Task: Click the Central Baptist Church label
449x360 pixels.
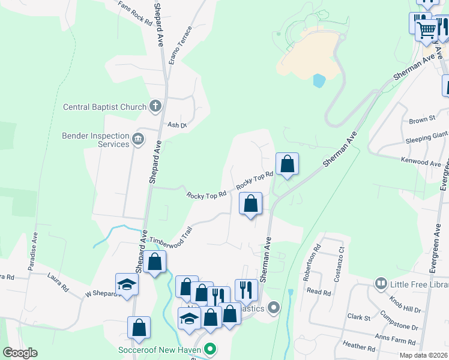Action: click(105, 107)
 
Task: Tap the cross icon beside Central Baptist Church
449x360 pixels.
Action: click(155, 107)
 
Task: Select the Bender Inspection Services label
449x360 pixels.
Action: click(96, 140)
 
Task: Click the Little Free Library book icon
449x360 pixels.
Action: click(381, 283)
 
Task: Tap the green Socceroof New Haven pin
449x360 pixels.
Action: click(209, 349)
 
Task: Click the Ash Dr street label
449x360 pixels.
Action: click(177, 125)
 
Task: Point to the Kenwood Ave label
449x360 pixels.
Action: click(422, 162)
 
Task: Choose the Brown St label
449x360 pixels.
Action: click(422, 121)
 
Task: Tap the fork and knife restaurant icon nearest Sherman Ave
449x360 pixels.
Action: click(246, 290)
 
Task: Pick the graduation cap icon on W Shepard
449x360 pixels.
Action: click(127, 284)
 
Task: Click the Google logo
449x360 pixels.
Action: click(20, 353)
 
